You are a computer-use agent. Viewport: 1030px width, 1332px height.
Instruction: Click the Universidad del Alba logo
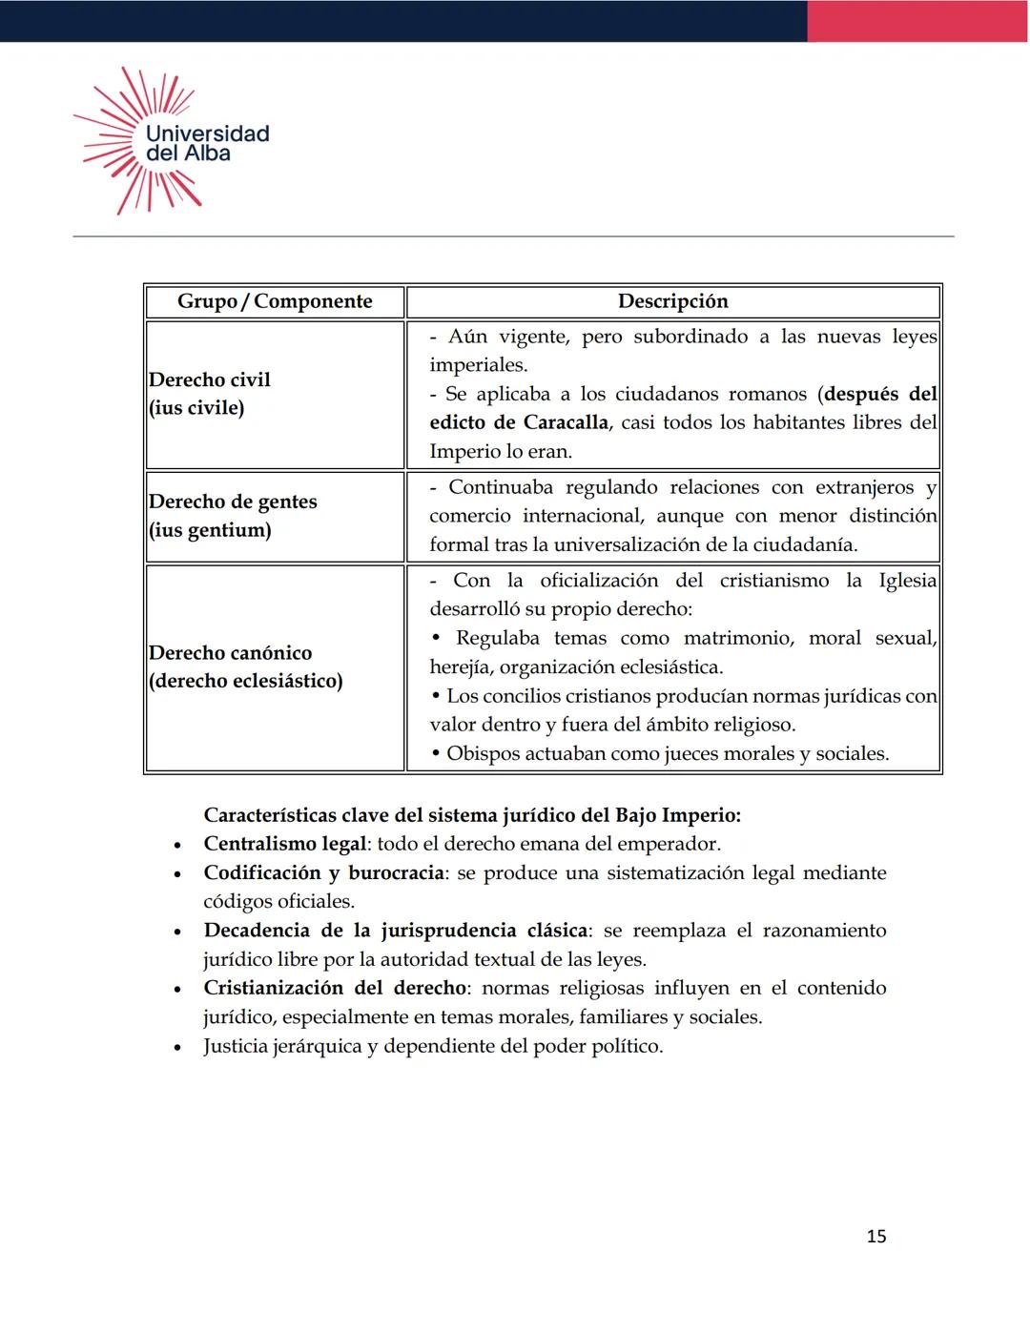pos(172,141)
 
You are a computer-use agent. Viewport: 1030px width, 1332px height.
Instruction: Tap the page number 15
pos(875,1237)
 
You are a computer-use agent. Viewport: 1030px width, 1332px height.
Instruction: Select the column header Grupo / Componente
pos(275,301)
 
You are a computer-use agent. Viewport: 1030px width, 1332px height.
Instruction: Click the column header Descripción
pos(672,301)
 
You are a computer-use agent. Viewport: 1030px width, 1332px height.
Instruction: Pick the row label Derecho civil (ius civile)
pos(210,394)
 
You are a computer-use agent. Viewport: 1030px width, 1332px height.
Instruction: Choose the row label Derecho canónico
pos(231,653)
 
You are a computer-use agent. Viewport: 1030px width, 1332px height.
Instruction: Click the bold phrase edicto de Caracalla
pos(519,422)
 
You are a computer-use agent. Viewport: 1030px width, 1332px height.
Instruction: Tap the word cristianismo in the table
pos(773,581)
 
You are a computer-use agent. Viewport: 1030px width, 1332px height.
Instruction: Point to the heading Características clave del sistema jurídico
pos(472,815)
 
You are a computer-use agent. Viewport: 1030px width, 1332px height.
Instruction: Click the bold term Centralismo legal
pos(285,844)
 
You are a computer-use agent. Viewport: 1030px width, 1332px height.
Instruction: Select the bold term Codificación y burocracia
pos(323,873)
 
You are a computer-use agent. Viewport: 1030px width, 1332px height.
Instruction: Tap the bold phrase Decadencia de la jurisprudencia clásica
pos(397,931)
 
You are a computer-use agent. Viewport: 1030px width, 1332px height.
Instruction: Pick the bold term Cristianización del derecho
pos(335,988)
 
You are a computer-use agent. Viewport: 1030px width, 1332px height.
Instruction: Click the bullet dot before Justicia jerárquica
pos(177,1048)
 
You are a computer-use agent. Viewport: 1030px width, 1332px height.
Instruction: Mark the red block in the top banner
pos(917,21)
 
